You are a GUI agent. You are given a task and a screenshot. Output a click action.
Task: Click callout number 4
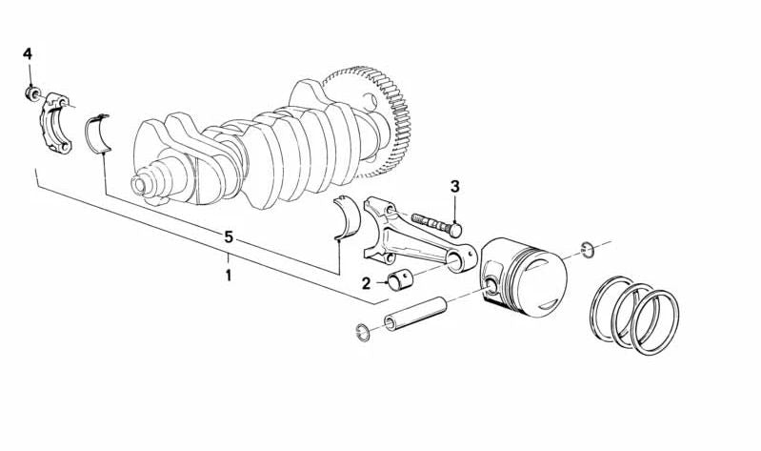coord(28,53)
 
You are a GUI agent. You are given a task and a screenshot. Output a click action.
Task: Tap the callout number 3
coord(454,186)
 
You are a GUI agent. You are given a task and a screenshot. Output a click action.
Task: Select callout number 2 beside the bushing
coord(366,283)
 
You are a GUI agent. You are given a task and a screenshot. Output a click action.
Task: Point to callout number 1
coord(228,275)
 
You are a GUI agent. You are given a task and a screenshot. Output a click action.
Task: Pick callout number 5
coord(229,237)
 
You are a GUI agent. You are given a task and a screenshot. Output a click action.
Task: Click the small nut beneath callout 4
coord(32,92)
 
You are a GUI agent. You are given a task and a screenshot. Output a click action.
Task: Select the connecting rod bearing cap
coord(56,123)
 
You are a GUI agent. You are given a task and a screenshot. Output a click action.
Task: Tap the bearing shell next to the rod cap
coord(98,133)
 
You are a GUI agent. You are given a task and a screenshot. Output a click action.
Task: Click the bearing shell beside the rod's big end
coord(348,217)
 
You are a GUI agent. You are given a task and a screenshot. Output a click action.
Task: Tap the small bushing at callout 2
coord(399,281)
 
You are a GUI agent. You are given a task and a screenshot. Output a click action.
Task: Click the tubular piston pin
coord(415,314)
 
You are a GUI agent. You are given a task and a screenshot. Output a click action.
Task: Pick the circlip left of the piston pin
coord(363,332)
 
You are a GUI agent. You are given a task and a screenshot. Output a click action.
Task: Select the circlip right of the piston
coord(588,250)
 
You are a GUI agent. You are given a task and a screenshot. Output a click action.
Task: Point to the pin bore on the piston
coord(491,285)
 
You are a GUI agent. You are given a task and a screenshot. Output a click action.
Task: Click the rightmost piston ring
coord(654,322)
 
